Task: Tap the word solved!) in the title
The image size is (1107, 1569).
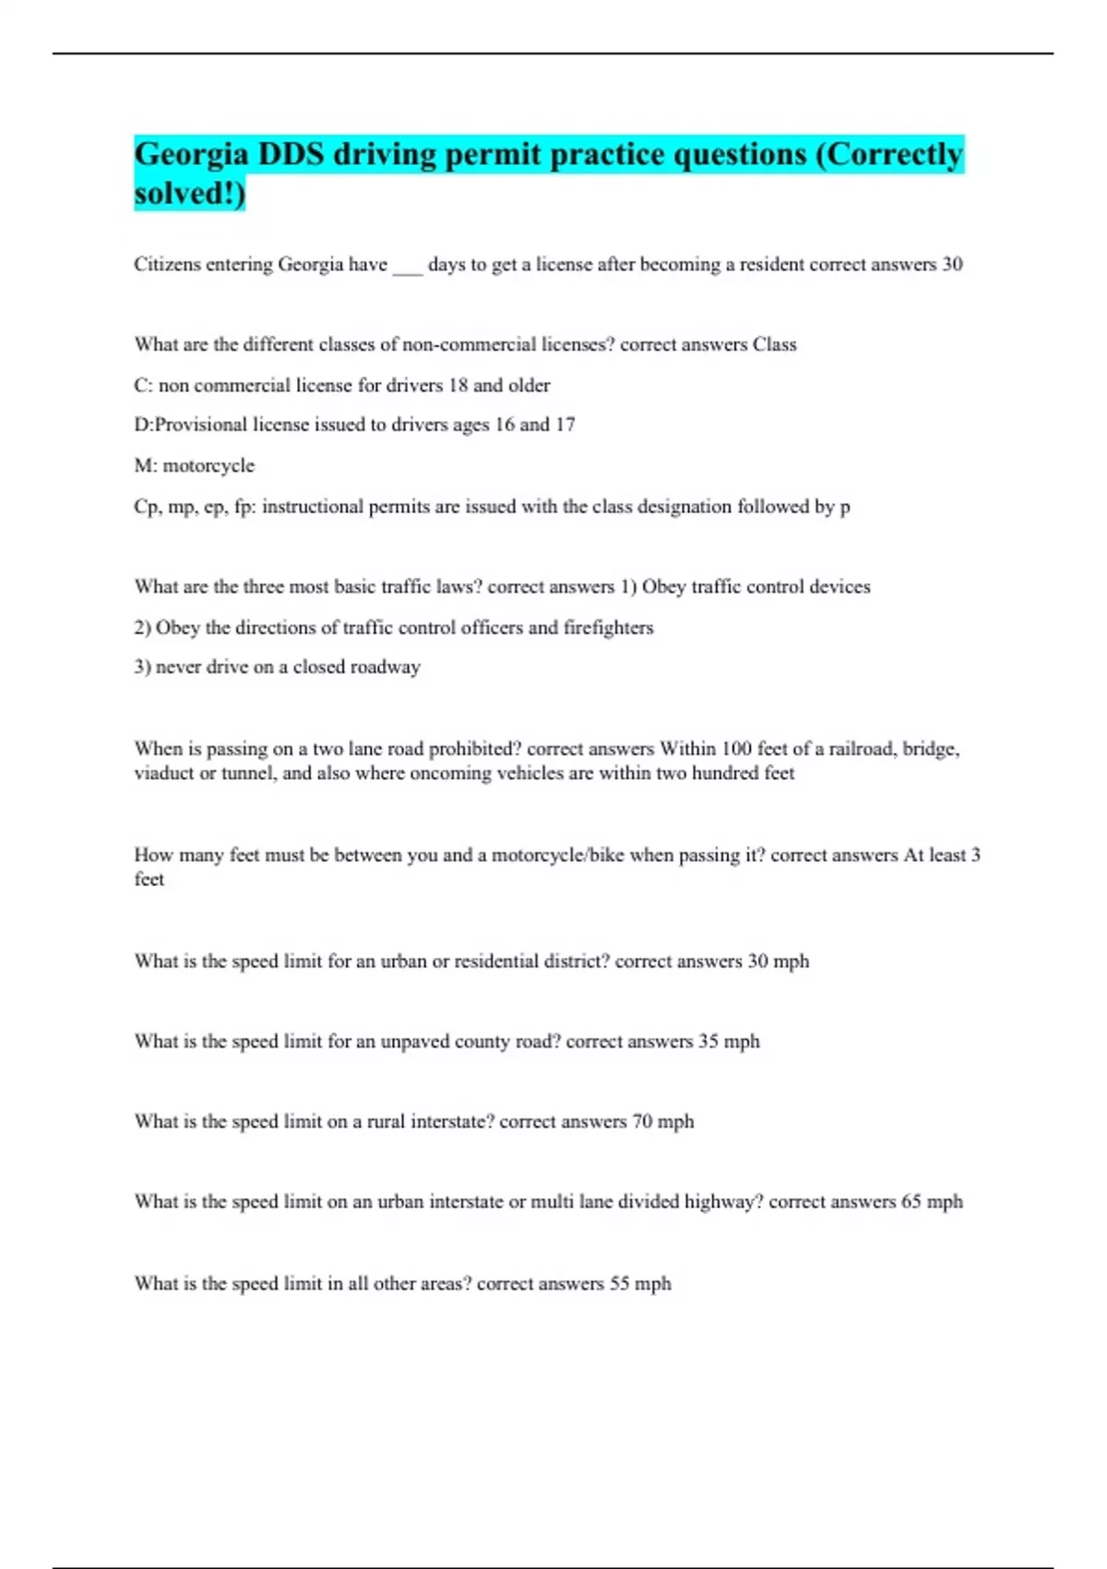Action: click(x=189, y=194)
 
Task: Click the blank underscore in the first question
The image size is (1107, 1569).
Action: click(x=407, y=268)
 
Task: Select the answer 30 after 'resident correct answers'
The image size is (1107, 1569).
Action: click(x=951, y=265)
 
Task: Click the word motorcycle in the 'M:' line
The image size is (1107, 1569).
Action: click(x=208, y=466)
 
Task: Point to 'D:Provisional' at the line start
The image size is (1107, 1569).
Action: click(x=191, y=425)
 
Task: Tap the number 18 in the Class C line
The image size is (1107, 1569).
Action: click(x=458, y=386)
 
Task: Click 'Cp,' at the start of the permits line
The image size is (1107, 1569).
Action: click(x=148, y=507)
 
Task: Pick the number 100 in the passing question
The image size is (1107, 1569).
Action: click(x=736, y=749)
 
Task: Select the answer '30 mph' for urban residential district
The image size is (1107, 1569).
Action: click(x=778, y=962)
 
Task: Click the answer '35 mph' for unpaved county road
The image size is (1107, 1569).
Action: click(x=729, y=1042)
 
